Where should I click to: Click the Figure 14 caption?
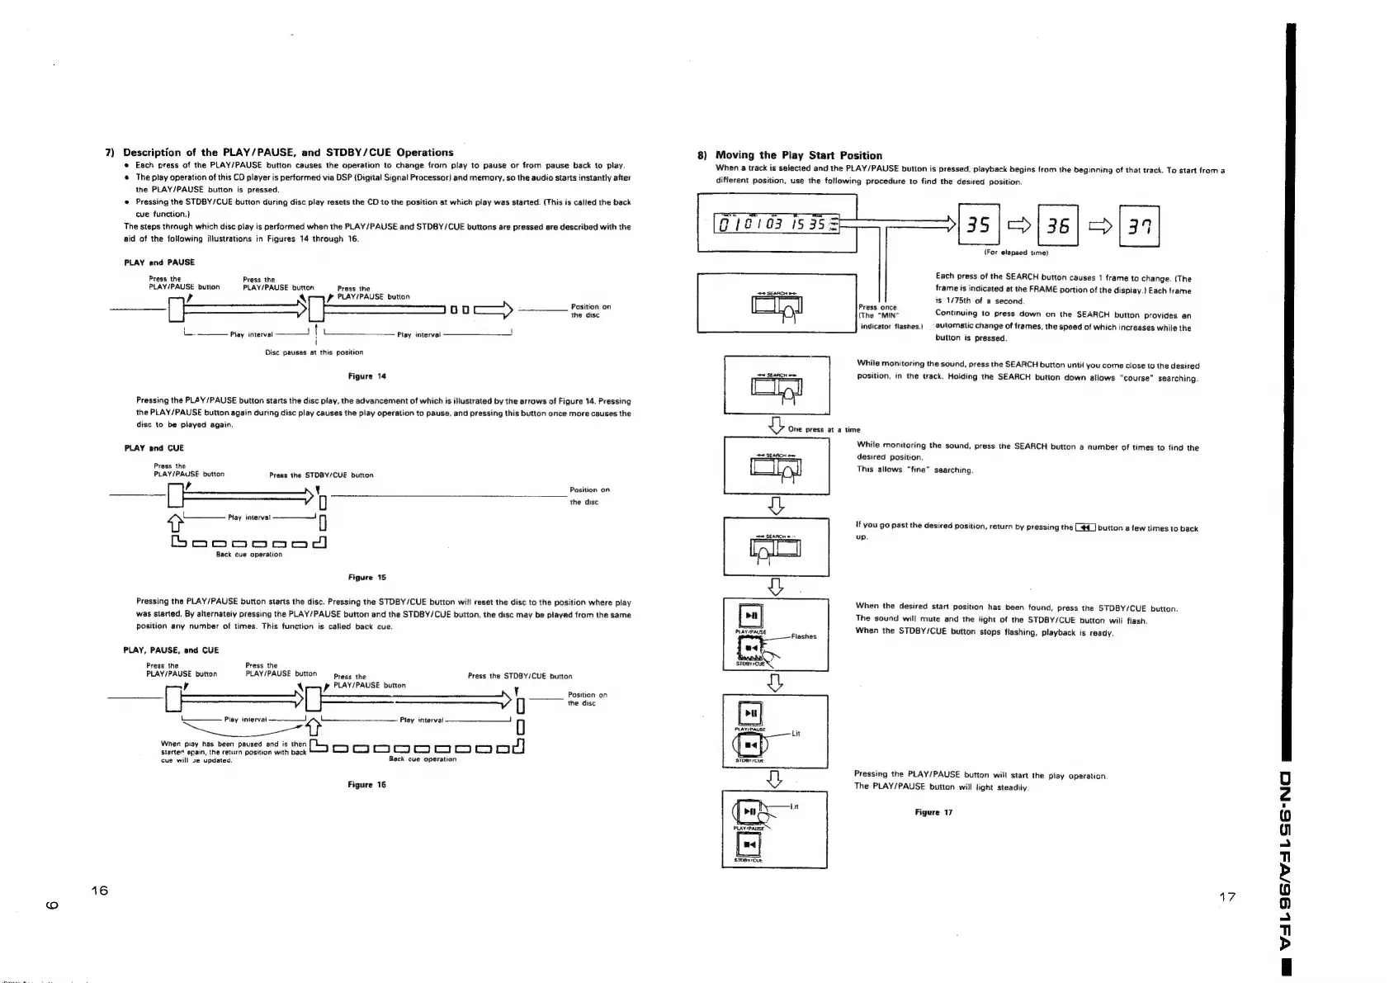[367, 376]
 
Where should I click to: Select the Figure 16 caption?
[367, 785]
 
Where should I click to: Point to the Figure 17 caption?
[933, 812]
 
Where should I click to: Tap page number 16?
[100, 891]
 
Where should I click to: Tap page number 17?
[1226, 897]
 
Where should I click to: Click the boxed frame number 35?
[978, 225]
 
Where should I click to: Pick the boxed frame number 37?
[1138, 225]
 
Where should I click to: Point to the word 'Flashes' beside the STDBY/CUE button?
[803, 636]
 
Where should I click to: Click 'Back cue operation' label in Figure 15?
[249, 555]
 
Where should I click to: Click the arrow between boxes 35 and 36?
[1018, 225]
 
